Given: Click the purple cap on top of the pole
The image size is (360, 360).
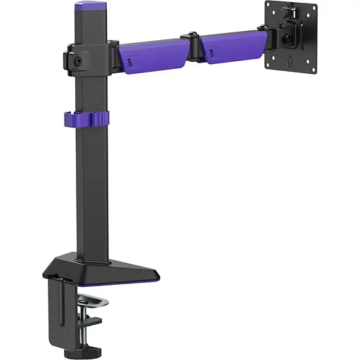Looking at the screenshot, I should point(90,8).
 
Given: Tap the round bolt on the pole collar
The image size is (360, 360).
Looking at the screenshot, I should point(76,60).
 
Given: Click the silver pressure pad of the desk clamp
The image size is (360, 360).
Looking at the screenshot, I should point(92,303).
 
